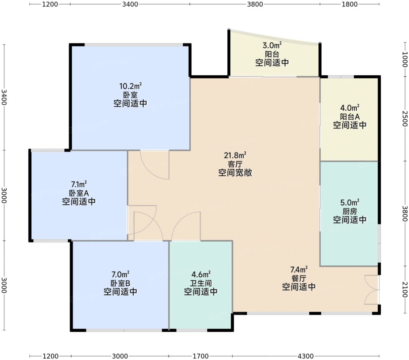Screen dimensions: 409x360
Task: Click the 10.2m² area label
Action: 130,86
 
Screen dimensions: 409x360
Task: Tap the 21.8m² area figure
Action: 235,155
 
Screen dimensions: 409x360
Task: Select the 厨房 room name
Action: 350,211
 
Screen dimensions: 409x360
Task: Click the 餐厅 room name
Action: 299,278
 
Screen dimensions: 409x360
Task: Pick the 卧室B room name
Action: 120,283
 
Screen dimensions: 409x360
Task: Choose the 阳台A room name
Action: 350,116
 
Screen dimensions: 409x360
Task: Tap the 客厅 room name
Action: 235,164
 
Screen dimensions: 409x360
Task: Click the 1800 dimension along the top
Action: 350,4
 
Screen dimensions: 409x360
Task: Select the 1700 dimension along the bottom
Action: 200,356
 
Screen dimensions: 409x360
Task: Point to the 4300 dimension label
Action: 305,356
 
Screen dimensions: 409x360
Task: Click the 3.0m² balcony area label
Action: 272,46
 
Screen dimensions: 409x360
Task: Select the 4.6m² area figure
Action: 201,274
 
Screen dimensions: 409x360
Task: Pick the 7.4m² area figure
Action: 299,269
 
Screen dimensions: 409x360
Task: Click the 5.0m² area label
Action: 350,202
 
